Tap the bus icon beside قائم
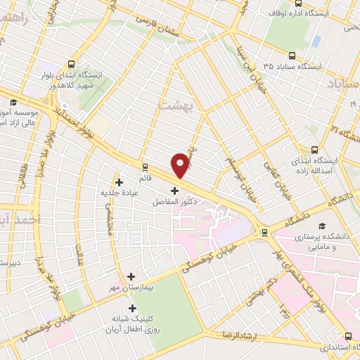(x=145, y=167)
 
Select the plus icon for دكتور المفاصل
(x=174, y=190)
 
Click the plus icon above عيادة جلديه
(x=119, y=182)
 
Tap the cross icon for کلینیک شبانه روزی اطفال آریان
(x=131, y=308)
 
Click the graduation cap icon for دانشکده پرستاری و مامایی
(x=321, y=226)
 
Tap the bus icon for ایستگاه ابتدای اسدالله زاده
(x=314, y=149)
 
